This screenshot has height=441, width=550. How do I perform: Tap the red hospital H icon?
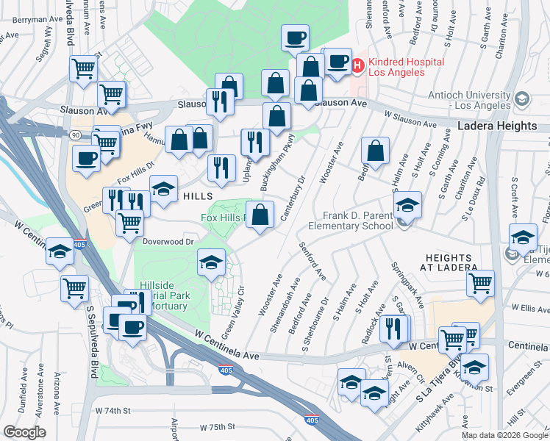[x=357, y=65]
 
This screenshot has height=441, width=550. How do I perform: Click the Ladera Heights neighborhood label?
[x=497, y=126]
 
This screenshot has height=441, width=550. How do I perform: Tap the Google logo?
[x=24, y=431]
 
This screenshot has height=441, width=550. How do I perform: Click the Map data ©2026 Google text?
[x=504, y=435]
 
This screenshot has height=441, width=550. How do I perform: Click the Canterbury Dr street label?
[x=292, y=198]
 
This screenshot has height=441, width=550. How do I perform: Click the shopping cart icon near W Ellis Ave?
[x=480, y=284]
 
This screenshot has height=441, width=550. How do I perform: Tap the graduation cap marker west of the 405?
[x=60, y=251]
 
